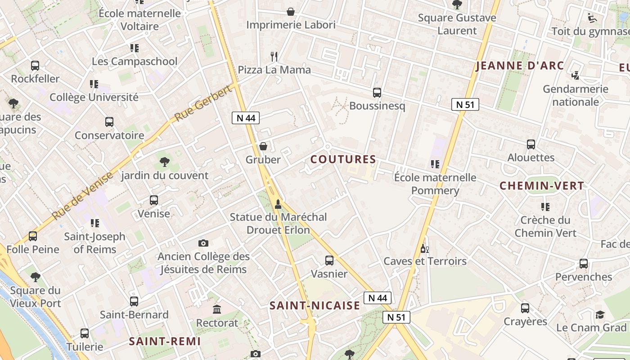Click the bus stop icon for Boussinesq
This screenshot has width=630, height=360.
(377, 93)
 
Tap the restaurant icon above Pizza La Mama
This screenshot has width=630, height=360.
(274, 56)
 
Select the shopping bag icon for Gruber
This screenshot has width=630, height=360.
(263, 146)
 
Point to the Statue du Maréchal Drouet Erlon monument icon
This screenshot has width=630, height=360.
(278, 204)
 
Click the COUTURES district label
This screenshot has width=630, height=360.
(343, 159)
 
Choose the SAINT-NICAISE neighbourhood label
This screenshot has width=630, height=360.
(315, 306)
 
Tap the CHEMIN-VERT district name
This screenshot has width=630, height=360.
(542, 186)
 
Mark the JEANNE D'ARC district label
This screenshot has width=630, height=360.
(520, 66)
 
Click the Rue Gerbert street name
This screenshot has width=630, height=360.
(203, 103)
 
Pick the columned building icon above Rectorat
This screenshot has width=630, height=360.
(217, 310)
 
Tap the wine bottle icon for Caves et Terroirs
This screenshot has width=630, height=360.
(424, 248)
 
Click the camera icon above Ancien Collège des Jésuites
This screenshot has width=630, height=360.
(203, 243)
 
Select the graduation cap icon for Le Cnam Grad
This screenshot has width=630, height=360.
(600, 315)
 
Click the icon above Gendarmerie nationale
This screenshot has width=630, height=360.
(575, 76)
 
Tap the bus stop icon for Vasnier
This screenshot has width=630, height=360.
(329, 261)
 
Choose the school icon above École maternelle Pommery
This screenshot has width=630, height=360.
(435, 164)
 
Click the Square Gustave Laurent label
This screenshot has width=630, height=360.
(457, 24)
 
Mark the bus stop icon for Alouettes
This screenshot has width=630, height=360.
(531, 144)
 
